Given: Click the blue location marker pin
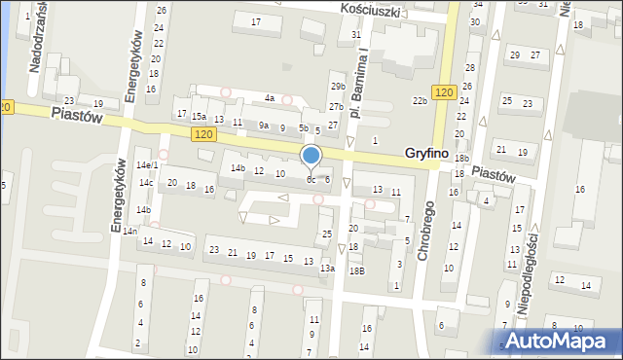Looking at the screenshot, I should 311,156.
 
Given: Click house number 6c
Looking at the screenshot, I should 311,179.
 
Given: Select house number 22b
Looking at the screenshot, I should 420,101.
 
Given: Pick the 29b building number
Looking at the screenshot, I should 337,87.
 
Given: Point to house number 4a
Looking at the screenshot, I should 270,98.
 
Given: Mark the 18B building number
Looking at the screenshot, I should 357,270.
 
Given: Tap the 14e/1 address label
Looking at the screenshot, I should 146,165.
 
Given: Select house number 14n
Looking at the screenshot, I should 128,231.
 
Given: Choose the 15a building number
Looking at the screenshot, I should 199,116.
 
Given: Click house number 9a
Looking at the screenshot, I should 263,126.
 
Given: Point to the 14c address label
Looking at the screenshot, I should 145,183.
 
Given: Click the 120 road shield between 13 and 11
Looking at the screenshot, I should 202,132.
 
